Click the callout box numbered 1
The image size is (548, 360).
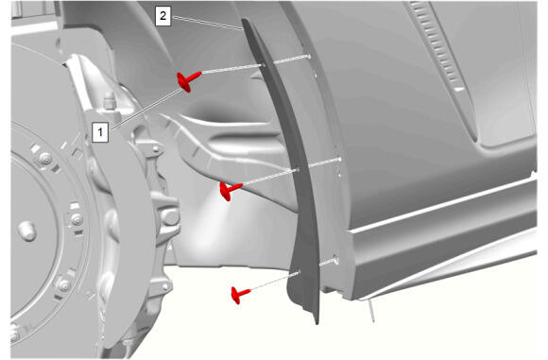tap(100, 132)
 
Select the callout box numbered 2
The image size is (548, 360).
tap(163, 16)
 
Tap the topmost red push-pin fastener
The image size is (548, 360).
tap(188, 80)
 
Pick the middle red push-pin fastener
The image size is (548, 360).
tap(229, 191)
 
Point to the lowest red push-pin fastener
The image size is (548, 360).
tap(239, 295)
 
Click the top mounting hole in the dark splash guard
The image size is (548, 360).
tap(264, 65)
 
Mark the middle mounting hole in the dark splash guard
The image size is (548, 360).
tap(298, 170)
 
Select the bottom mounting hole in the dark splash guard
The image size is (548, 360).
tap(299, 271)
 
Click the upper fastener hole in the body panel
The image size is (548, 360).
tap(308, 56)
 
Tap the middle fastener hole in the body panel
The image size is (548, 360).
tap(338, 160)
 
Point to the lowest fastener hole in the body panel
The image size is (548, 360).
tap(335, 260)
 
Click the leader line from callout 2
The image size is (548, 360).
tap(207, 23)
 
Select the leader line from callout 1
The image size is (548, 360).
tap(146, 108)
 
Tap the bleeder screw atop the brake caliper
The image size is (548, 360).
tap(110, 99)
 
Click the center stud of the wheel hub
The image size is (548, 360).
tap(27, 231)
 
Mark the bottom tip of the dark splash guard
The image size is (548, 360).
tap(317, 323)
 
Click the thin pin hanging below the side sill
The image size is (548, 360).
tap(371, 311)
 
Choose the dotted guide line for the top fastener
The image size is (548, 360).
tap(253, 64)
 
